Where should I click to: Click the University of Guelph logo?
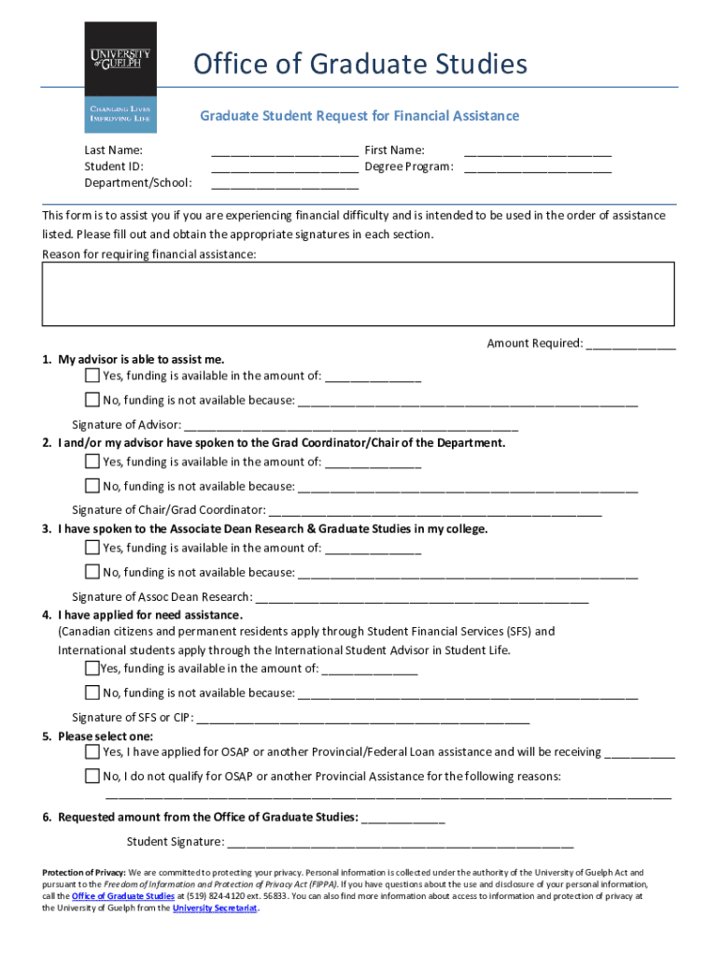coord(120,77)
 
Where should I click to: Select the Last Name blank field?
coord(285,151)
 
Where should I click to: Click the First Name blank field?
coord(538,151)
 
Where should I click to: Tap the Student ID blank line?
coord(285,168)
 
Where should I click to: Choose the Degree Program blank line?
coord(538,168)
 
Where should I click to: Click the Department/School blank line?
coord(285,184)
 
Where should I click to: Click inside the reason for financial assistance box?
coord(359,293)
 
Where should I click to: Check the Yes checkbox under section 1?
coord(92,376)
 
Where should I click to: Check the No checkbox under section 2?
coord(92,486)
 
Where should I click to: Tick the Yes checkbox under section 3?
coord(92,548)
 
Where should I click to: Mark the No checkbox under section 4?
coord(92,693)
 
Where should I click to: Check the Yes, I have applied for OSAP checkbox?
coord(92,751)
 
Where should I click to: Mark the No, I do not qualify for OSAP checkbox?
coord(92,776)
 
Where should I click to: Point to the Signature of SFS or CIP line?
coord(363,720)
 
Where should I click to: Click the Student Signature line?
coord(400,843)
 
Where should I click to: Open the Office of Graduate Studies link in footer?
coord(122,895)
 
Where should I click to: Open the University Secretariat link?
coord(215,907)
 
